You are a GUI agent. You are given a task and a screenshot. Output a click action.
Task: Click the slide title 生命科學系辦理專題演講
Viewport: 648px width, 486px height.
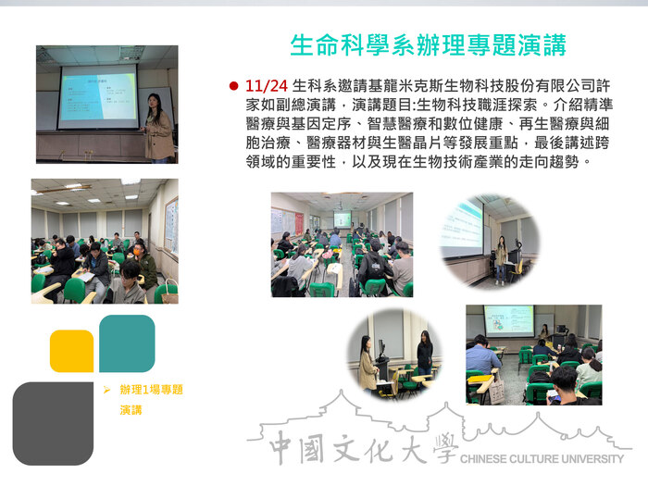(428, 44)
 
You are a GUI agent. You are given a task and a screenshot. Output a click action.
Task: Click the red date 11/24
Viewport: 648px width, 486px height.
(265, 85)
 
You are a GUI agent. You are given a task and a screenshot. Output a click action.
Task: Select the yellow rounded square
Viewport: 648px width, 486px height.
(71, 351)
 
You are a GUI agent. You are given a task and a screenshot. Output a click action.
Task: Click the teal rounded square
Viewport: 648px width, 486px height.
(126, 343)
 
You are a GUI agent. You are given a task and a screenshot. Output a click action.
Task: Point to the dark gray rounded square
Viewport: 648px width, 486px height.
(53, 422)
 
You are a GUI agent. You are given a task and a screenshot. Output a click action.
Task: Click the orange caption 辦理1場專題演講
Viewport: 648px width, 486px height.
(150, 399)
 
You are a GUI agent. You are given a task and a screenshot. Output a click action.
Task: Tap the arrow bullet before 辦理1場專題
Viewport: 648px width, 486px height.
(108, 390)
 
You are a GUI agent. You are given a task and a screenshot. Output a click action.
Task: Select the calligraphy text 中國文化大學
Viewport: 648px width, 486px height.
(361, 451)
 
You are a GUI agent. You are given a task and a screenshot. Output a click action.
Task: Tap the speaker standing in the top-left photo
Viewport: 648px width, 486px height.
(157, 128)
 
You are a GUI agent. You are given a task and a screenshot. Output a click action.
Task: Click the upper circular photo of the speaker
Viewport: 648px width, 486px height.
(489, 239)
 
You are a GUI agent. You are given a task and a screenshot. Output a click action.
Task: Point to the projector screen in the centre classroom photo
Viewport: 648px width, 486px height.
(343, 219)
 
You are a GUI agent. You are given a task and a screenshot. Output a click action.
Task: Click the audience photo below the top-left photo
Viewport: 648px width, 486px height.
(104, 241)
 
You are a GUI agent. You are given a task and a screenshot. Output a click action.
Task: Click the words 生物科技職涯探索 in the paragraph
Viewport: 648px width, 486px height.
(487, 106)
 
